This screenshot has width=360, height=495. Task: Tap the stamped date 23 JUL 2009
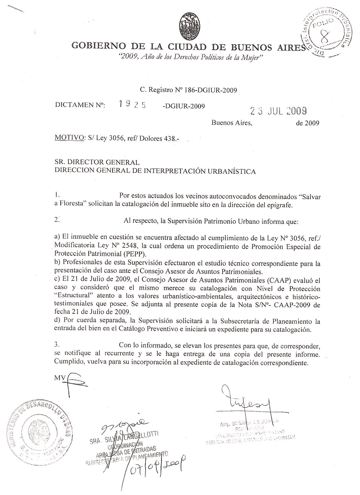(x=279, y=111)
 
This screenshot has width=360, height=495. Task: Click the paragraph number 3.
(x=56, y=345)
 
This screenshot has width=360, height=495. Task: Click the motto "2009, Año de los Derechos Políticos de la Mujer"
(x=190, y=59)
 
